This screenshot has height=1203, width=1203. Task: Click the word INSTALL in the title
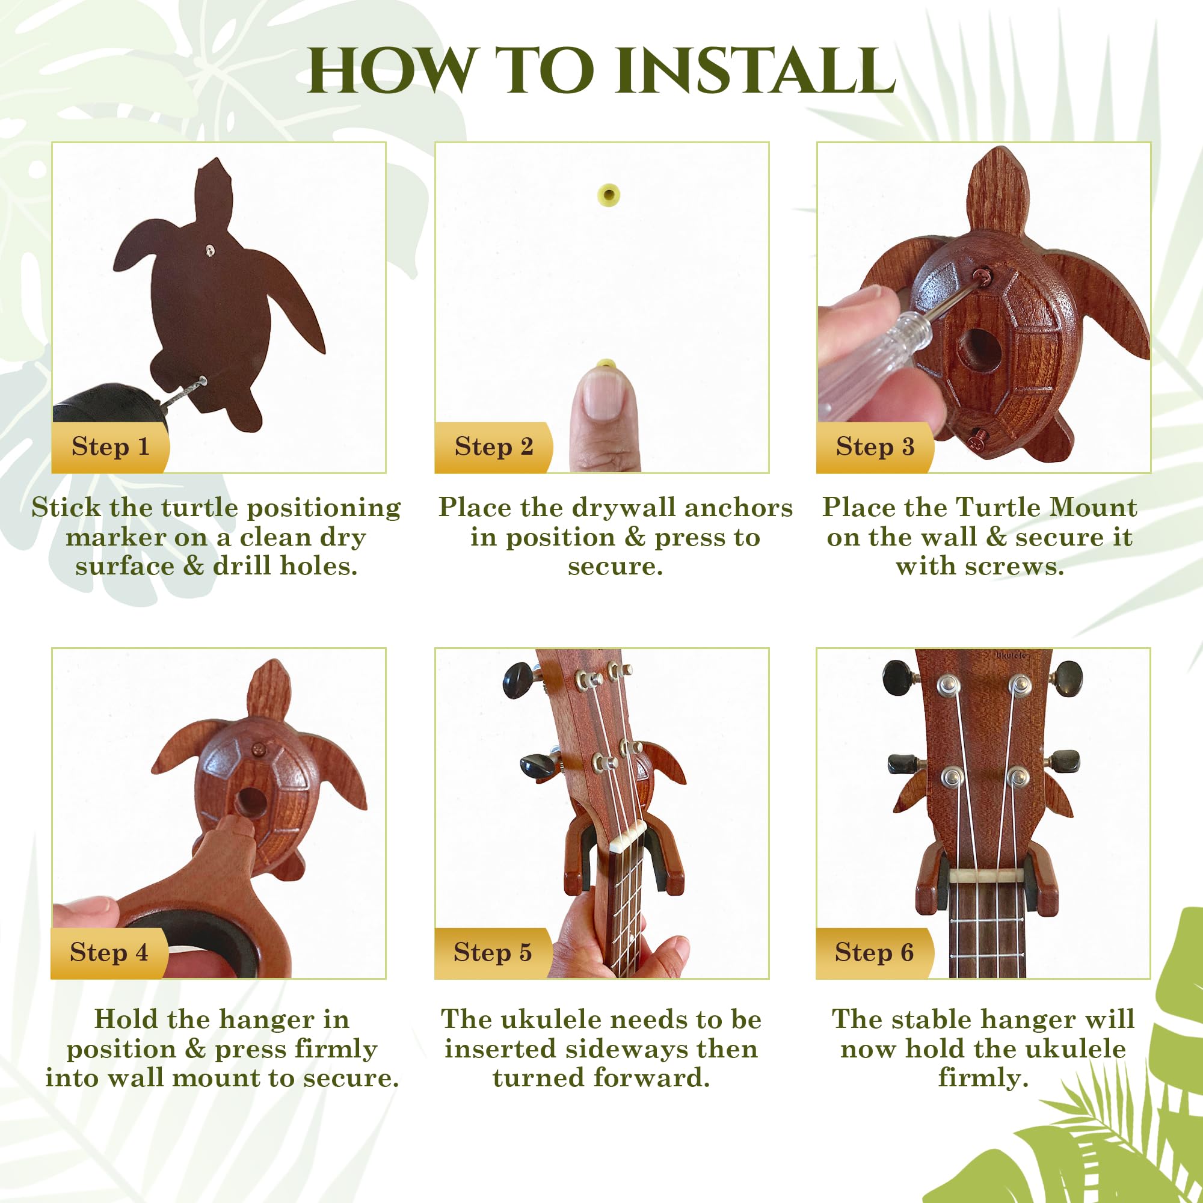[755, 70]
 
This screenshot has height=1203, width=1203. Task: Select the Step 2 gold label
[493, 447]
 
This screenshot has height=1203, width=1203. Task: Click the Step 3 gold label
[875, 447]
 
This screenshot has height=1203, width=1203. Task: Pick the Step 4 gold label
[109, 953]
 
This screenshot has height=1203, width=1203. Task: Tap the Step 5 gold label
[493, 953]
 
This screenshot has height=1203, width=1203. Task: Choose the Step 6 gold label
[874, 953]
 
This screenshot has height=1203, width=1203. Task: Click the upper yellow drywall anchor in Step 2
[608, 195]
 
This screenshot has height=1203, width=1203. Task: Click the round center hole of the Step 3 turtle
[979, 349]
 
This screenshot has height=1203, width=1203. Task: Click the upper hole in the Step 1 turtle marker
[211, 250]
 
